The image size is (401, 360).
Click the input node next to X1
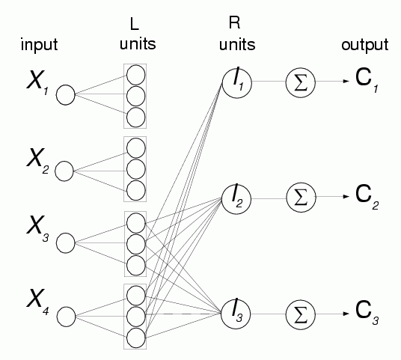[66, 94]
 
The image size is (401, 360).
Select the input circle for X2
[64, 171]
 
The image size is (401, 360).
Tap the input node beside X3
[66, 243]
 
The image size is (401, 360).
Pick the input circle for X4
[66, 317]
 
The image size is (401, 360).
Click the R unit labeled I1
[237, 82]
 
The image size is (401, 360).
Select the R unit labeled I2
[236, 199]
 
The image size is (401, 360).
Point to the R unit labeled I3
[236, 314]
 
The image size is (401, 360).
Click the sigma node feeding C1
[301, 82]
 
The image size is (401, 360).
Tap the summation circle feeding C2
[301, 198]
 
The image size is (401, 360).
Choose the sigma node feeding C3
[301, 314]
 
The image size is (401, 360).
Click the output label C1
[367, 80]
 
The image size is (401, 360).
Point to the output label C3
[367, 313]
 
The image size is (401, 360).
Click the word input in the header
[39, 46]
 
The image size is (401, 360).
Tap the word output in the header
[365, 46]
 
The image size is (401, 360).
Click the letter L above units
[134, 25]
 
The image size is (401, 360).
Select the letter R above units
[234, 22]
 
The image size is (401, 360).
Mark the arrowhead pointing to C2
[346, 197]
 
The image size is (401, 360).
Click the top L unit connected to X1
[136, 75]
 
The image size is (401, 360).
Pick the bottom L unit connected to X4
[136, 338]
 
